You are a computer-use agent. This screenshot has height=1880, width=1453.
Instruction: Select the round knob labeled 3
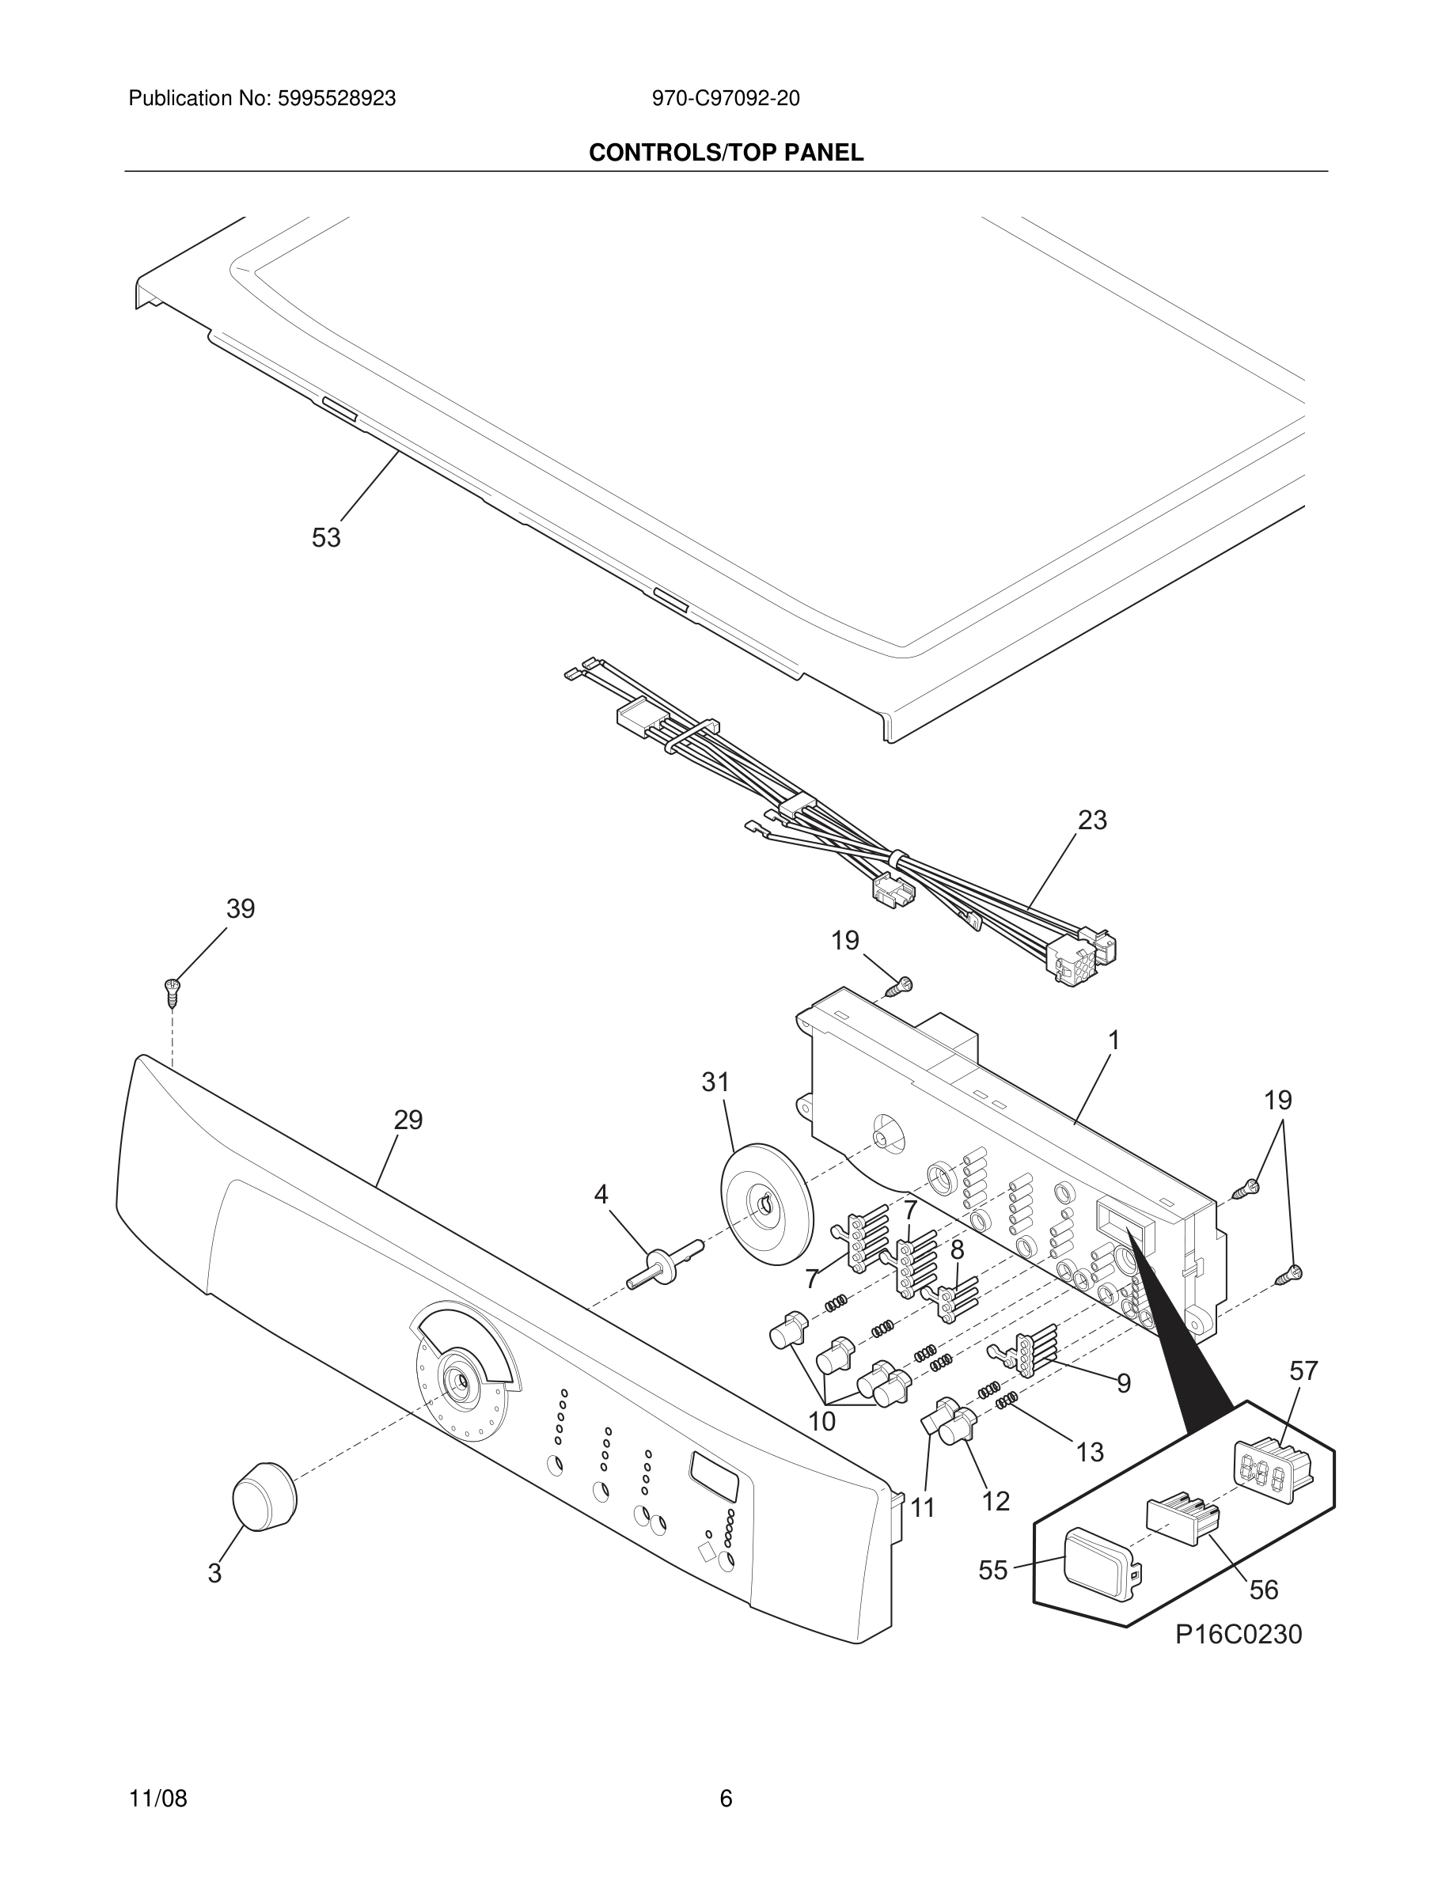click(x=264, y=1497)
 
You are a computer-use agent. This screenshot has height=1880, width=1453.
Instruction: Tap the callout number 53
click(x=325, y=538)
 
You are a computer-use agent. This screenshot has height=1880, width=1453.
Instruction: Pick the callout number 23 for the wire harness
click(x=1091, y=821)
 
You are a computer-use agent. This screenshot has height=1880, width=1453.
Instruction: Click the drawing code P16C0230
click(x=1238, y=1634)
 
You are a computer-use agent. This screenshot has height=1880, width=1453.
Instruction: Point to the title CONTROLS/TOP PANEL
click(x=726, y=154)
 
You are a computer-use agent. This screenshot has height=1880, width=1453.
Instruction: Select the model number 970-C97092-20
click(x=725, y=99)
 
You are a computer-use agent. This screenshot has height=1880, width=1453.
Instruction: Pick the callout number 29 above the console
click(x=408, y=1120)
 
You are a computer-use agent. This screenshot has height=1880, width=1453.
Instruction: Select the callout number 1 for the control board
click(x=1113, y=1040)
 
